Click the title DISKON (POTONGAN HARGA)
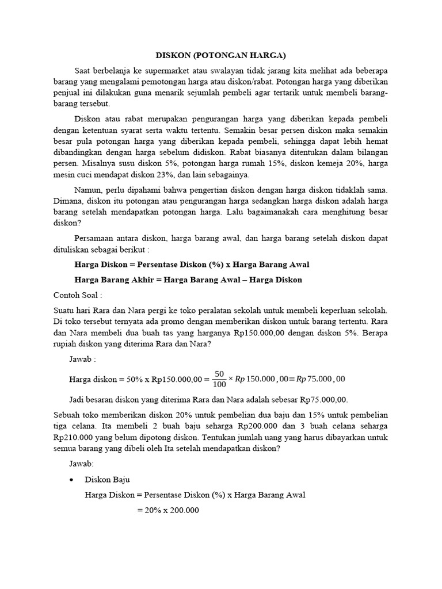click(221, 56)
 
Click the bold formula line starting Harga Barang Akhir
click(188, 280)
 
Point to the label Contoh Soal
click(77, 294)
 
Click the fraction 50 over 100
click(219, 378)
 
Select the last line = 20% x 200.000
click(167, 510)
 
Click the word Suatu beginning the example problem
click(64, 310)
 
